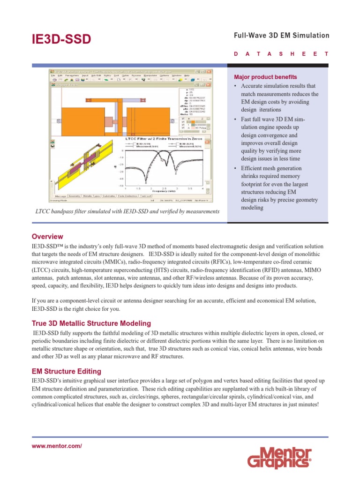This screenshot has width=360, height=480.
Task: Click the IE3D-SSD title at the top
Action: click(x=61, y=40)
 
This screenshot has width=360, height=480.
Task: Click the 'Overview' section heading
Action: click(x=47, y=236)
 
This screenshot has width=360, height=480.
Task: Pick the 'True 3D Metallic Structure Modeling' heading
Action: click(x=91, y=323)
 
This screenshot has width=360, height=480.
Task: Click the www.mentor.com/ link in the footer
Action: click(x=57, y=446)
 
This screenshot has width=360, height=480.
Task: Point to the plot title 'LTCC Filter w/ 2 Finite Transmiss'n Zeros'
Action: click(x=159, y=140)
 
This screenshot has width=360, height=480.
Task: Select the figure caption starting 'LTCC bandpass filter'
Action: click(x=127, y=211)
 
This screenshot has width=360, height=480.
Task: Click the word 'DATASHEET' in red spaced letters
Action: click(x=281, y=54)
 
